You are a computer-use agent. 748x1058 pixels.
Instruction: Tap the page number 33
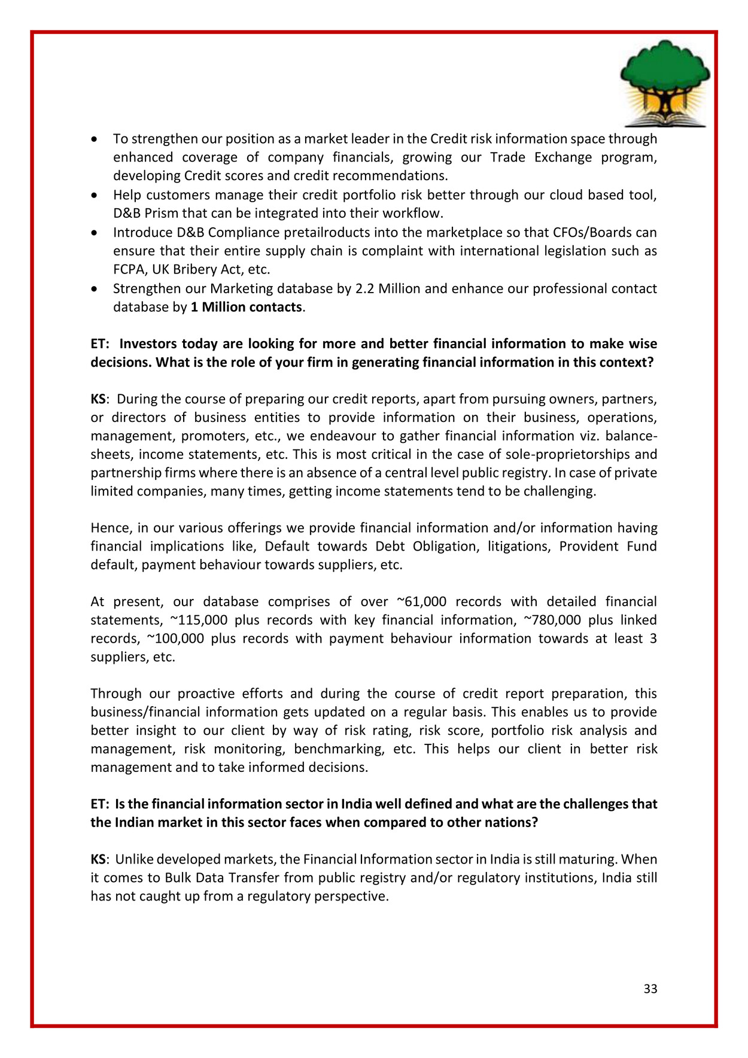[650, 989]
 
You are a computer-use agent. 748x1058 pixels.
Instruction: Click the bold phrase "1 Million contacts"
[246, 307]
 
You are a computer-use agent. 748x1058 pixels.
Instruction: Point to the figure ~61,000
[421, 601]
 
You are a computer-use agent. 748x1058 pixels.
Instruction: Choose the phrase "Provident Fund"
[608, 546]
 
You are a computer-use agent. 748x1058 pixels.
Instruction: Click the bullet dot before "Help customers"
[94, 196]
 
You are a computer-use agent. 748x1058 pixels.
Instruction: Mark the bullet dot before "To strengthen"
[94, 139]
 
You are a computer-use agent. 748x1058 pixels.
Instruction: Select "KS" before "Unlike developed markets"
[98, 859]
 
